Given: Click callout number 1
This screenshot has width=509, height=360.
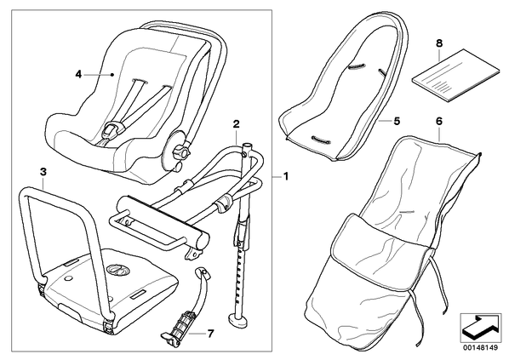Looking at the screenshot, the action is click(286, 176).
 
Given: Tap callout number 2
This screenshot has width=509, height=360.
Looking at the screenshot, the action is click(237, 123).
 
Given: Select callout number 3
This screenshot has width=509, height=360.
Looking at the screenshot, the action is click(43, 172).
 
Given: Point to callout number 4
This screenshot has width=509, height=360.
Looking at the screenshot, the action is click(78, 74).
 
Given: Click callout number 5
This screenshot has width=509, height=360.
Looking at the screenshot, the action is click(397, 121).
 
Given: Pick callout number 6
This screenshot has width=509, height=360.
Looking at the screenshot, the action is click(439, 121).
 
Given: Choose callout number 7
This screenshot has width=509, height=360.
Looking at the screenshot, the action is click(211, 333).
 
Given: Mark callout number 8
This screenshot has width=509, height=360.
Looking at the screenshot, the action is click(439, 43).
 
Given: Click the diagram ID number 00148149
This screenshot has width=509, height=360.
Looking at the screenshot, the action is click(480, 348).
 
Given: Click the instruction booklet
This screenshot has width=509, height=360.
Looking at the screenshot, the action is click(455, 75).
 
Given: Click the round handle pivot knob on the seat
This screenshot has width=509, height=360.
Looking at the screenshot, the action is click(180, 151).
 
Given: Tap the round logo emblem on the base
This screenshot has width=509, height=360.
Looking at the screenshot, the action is click(117, 269).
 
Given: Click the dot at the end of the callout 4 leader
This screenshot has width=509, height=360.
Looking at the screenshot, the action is click(112, 75).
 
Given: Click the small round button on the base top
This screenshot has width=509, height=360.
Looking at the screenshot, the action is click(68, 278).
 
